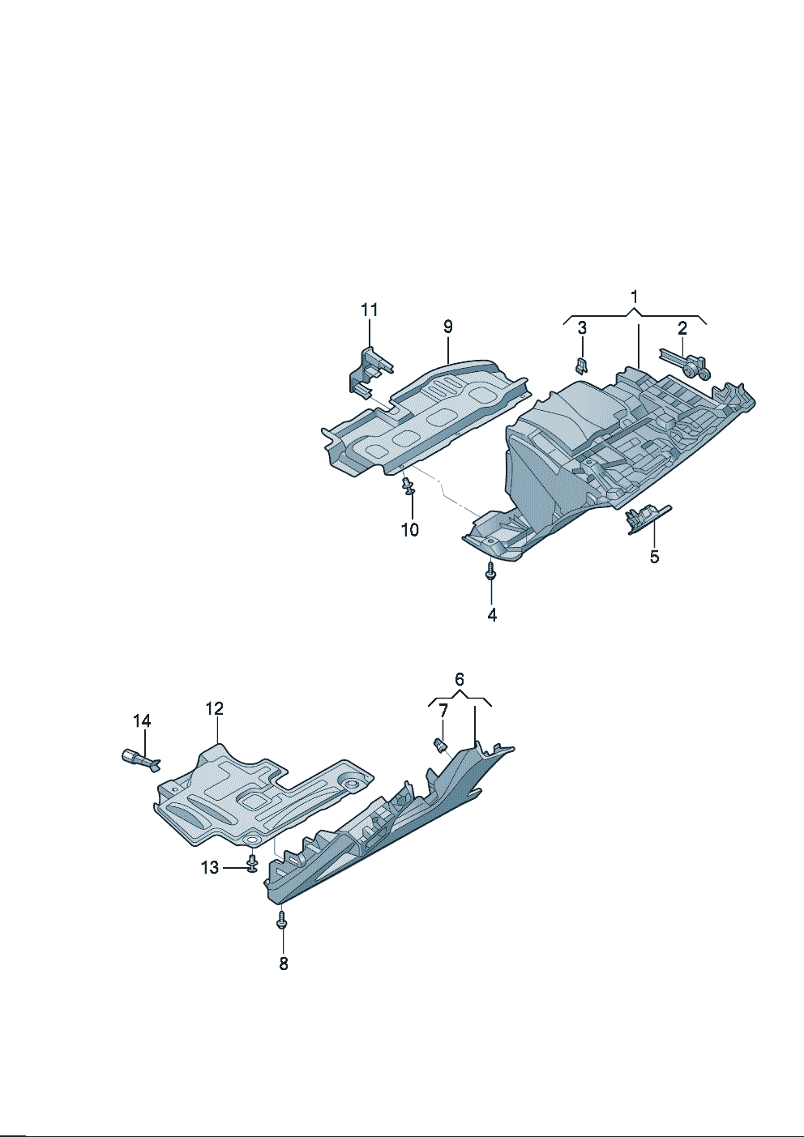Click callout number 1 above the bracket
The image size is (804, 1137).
pos(634,297)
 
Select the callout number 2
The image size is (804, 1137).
pos(682,328)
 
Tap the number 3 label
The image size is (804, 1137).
pos(582,328)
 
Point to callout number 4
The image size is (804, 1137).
pos(492,614)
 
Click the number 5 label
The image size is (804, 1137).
pos(654,557)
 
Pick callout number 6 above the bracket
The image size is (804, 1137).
pos(460,679)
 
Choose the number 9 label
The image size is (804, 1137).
pos(447,327)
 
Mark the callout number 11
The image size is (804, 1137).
pos(370,310)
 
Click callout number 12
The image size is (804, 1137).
pos(215,708)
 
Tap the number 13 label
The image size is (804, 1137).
pos(210,867)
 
